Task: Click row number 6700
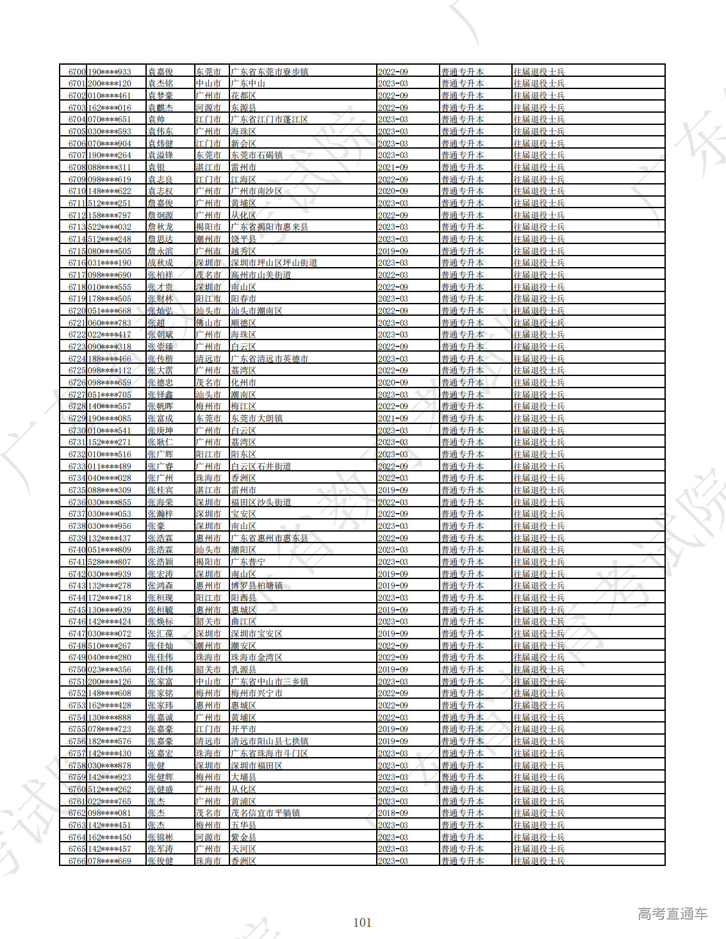(x=77, y=72)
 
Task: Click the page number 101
(x=362, y=922)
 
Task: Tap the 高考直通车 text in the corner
(x=672, y=914)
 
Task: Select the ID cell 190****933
(x=110, y=72)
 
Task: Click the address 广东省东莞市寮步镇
(x=269, y=72)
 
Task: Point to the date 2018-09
(x=393, y=813)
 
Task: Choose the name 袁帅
(x=156, y=119)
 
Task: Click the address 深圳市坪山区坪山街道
(x=274, y=263)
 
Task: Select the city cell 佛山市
(x=208, y=323)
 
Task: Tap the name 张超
(x=156, y=323)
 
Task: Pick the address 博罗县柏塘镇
(x=256, y=585)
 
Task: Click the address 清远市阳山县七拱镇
(x=269, y=741)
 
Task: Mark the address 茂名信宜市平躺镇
(x=265, y=813)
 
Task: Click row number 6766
(x=77, y=861)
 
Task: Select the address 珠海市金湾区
(x=256, y=657)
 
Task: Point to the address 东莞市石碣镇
(x=256, y=155)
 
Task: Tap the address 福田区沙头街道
(x=261, y=502)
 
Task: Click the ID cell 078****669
(x=110, y=861)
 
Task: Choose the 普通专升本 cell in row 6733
(x=462, y=466)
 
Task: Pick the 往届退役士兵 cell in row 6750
(x=539, y=669)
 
